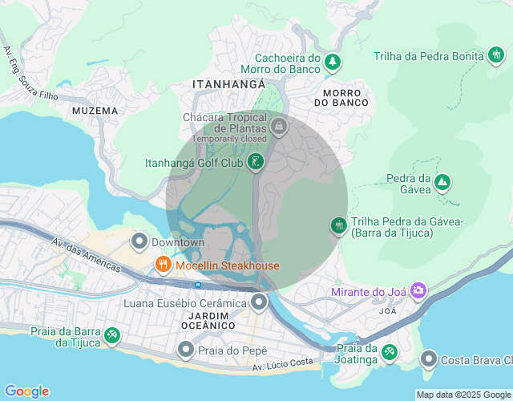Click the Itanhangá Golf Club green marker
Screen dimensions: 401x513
(x=256, y=163)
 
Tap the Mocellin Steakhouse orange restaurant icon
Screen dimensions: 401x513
(x=163, y=265)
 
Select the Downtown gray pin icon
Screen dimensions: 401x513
(x=139, y=241)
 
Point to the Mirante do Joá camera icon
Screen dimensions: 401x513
(x=418, y=292)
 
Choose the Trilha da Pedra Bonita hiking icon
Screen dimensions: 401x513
(x=496, y=55)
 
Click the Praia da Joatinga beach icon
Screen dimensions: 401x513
(x=390, y=352)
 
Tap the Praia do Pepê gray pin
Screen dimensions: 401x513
(x=186, y=350)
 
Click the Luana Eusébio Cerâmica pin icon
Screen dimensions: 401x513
(x=259, y=303)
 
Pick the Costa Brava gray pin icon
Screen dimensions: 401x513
(x=429, y=359)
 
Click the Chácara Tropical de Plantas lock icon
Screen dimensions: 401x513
(x=278, y=126)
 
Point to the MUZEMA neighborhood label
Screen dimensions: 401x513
(x=95, y=110)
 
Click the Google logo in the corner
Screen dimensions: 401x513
(x=26, y=391)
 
